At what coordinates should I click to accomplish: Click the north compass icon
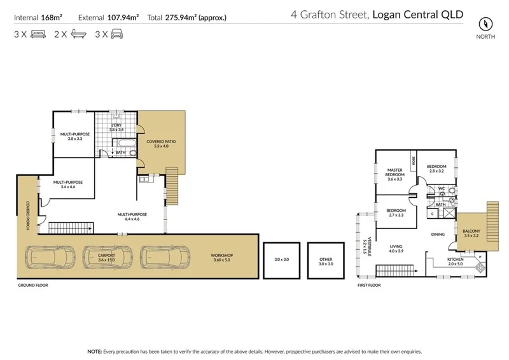pos(485,24)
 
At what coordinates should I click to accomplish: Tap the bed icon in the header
pos(35,36)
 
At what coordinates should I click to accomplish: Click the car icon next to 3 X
pos(116,36)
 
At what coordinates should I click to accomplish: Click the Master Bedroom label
pos(396,174)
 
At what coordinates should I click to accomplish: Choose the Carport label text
pos(106,257)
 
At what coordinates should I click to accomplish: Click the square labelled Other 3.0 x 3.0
pos(326,260)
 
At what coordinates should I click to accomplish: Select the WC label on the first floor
pos(440,188)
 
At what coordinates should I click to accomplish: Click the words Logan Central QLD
pos(417,13)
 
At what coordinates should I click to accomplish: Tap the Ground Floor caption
pos(32,286)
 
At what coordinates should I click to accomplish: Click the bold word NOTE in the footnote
pos(94,351)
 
